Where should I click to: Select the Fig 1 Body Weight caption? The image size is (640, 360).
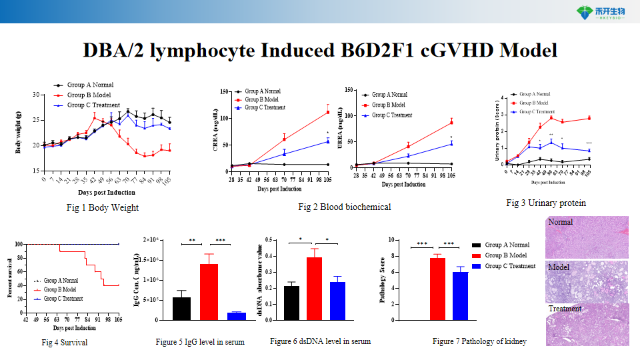103,208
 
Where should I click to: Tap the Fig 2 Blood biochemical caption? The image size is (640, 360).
344,207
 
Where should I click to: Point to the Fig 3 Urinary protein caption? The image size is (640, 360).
546,203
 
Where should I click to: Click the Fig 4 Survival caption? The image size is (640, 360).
65,343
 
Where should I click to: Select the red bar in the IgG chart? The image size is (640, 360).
209,291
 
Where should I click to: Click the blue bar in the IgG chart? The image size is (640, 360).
237,316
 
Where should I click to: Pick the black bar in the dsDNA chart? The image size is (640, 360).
291,303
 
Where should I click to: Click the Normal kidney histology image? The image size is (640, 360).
587,237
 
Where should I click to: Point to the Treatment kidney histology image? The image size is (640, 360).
587,326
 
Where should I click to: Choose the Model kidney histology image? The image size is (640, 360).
587,282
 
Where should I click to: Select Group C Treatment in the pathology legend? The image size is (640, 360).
510,266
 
